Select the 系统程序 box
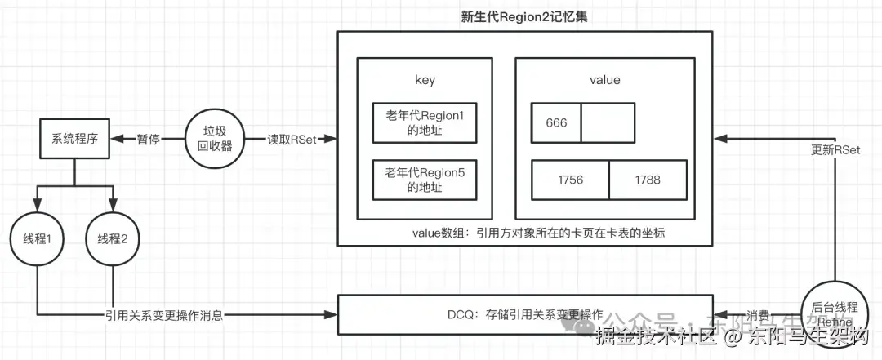click(75, 139)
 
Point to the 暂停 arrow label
click(148, 139)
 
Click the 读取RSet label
click(291, 139)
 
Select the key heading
click(425, 80)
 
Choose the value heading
click(604, 80)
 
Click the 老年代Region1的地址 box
click(425, 123)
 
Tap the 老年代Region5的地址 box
click(425, 180)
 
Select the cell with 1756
click(570, 180)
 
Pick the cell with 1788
click(647, 180)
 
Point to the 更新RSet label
click(835, 150)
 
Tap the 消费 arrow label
click(759, 314)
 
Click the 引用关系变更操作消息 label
click(164, 314)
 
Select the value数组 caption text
click(539, 232)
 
